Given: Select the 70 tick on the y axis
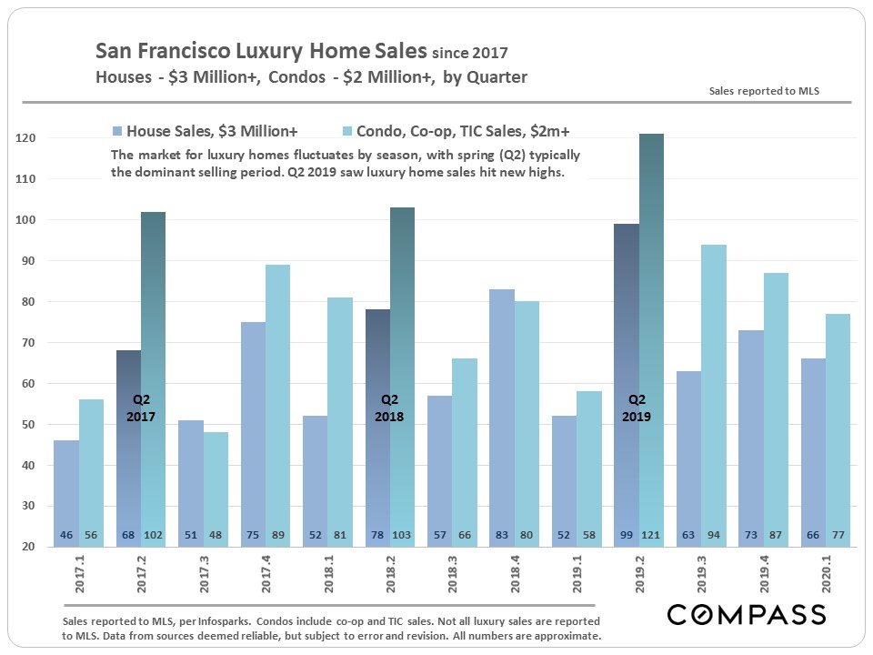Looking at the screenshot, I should [x=26, y=343].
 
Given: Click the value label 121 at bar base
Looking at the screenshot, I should [x=651, y=536].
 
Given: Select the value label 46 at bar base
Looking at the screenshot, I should [x=66, y=536].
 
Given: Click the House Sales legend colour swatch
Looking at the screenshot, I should [x=116, y=130].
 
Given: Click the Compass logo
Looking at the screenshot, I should [x=746, y=614].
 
